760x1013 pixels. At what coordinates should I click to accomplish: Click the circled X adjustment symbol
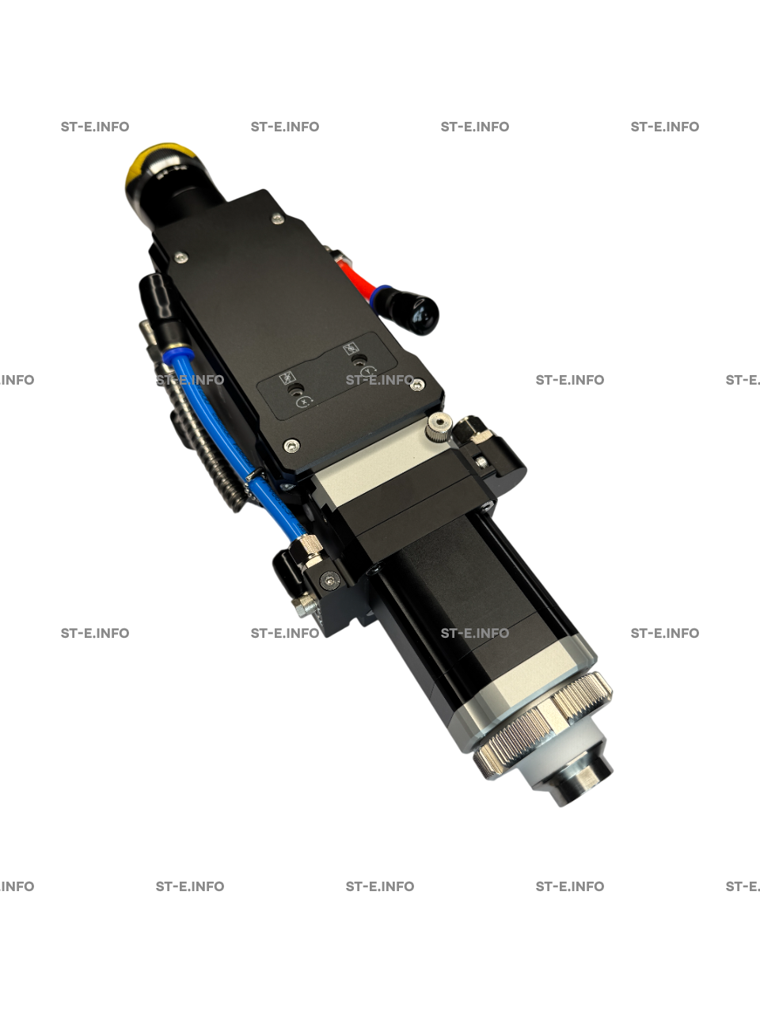[303, 402]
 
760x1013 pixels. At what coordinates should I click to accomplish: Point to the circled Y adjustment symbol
[369, 370]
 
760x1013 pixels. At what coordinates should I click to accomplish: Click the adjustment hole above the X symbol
[294, 390]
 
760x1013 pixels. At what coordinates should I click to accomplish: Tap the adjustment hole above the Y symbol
[358, 359]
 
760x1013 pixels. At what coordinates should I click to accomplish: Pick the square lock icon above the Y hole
[351, 348]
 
